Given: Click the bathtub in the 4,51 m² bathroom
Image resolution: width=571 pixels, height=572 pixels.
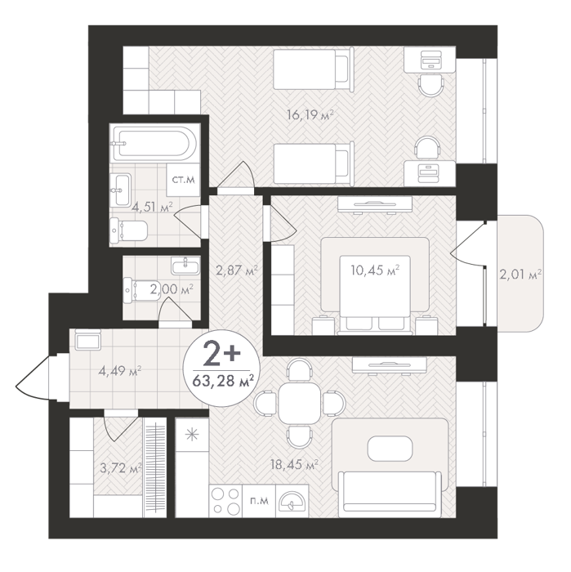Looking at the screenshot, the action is point(156,143).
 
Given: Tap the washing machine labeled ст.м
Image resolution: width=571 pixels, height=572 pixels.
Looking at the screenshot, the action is point(184,180).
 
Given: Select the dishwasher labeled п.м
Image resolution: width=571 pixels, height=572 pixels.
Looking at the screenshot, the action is point(259,500).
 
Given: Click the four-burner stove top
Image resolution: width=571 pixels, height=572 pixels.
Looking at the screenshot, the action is point(226,500).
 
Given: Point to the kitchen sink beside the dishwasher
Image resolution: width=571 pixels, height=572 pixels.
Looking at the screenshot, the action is point(292,501).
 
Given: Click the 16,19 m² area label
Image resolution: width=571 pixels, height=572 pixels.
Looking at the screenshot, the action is point(310,115).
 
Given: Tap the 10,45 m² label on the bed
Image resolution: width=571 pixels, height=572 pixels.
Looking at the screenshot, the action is point(375,270).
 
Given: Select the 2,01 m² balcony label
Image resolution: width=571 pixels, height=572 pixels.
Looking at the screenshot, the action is point(520,274).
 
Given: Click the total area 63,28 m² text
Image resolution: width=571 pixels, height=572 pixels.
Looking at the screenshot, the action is point(223,382).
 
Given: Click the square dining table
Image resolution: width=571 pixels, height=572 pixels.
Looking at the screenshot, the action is point(300,403).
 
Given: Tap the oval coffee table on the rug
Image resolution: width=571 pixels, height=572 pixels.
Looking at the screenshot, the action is point(390,449).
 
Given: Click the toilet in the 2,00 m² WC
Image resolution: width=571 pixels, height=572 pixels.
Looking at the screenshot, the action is point(141,290).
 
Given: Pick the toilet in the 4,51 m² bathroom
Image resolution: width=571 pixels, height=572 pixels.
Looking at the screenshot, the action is point(129,230).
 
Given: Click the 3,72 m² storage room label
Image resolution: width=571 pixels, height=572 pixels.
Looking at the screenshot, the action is point(121,468).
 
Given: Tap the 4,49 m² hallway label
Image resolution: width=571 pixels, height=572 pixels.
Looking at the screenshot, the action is point(120,371).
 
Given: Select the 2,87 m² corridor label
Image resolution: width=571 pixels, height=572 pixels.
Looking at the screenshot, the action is point(237,270).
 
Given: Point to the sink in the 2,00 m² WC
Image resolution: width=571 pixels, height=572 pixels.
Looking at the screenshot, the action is point(185,266).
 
